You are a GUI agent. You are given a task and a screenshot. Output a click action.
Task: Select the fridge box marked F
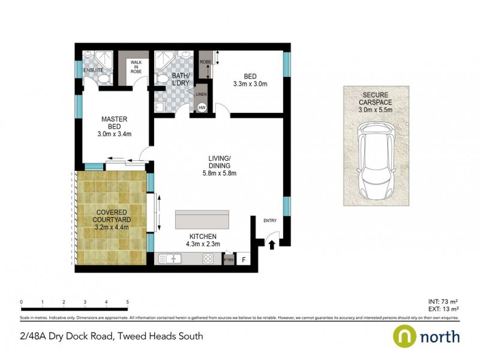(244, 260)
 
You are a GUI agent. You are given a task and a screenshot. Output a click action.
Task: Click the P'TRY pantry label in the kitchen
(228, 260)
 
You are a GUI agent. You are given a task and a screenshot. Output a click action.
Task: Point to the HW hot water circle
(202, 108)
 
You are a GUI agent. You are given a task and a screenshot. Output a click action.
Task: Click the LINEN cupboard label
(201, 94)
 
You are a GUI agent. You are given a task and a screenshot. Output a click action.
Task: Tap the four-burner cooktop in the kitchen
(209, 259)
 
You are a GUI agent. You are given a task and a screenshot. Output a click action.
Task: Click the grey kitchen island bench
(202, 220)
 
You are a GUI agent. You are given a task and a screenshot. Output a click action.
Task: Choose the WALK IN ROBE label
(136, 67)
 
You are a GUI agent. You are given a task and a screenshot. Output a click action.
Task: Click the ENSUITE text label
(94, 70)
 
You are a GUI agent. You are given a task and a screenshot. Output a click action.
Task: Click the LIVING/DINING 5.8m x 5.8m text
(219, 166)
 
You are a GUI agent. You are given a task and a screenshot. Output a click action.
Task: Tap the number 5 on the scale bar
(127, 302)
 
